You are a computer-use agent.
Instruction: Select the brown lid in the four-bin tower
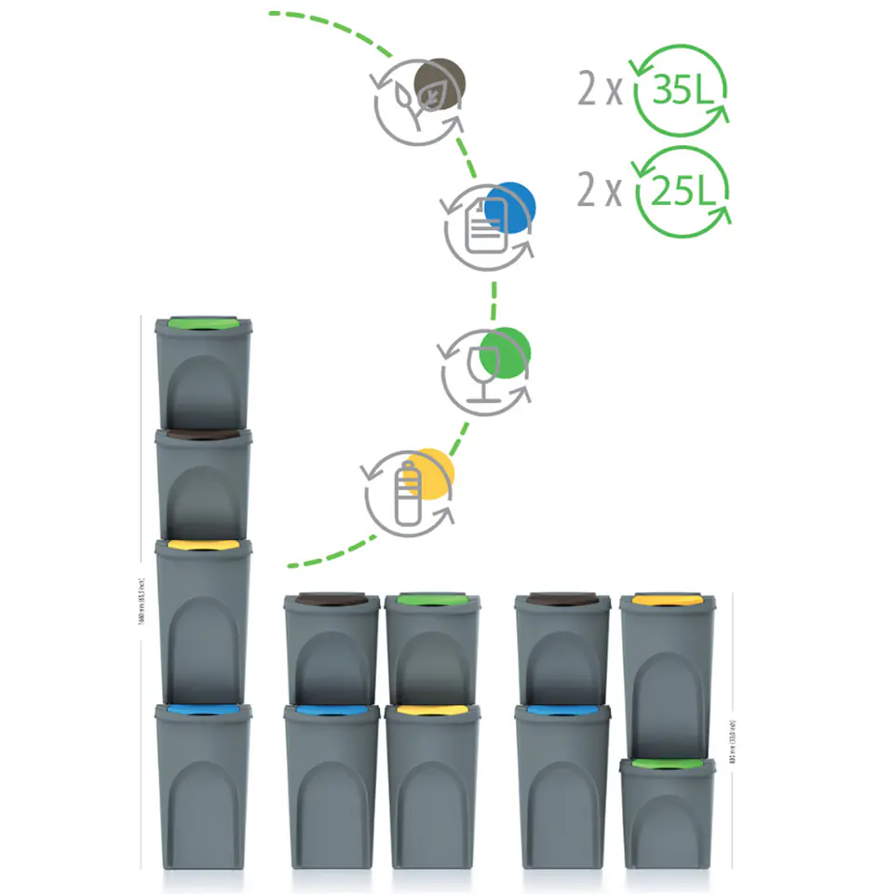tap(203, 435)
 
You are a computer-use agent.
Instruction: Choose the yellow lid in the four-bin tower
tap(203, 545)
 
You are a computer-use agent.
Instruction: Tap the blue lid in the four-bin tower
tap(203, 711)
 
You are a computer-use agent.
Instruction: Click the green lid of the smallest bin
tap(668, 765)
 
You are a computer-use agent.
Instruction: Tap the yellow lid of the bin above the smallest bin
tap(668, 601)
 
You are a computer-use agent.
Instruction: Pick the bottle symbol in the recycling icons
tap(406, 494)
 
